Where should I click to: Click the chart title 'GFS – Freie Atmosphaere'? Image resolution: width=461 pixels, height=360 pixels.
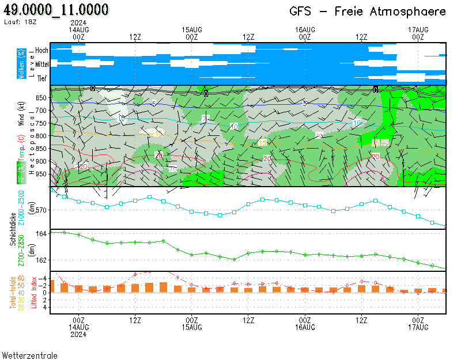tap(368, 12)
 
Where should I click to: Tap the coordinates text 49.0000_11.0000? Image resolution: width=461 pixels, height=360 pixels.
tap(56, 10)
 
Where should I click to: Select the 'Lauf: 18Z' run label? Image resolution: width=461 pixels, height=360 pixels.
tap(20, 21)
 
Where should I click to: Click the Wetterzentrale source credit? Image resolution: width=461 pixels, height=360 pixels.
tap(29, 355)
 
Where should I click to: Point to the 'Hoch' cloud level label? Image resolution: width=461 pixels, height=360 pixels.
tap(41, 51)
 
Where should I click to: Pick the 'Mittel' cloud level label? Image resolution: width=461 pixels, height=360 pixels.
tap(41, 65)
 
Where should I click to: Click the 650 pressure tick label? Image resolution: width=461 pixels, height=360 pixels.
tap(41, 97)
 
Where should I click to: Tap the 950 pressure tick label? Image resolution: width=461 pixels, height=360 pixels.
tap(41, 174)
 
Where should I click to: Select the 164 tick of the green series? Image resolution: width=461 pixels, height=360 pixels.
tap(41, 234)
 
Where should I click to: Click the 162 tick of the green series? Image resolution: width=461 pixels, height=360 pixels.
tap(41, 260)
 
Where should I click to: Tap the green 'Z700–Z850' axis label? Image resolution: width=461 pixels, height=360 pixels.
tap(21, 251)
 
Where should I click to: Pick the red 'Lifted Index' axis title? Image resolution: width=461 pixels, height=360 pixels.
tap(34, 293)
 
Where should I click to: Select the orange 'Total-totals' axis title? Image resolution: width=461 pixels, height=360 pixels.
tap(13, 293)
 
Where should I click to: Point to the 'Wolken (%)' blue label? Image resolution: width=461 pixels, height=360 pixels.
tap(21, 64)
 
